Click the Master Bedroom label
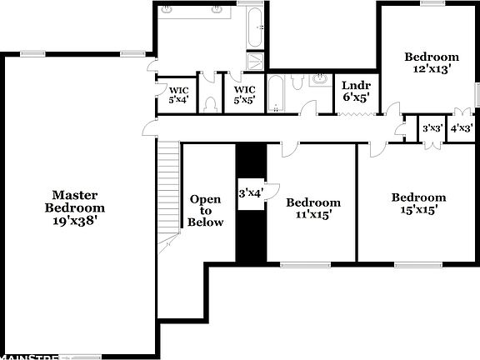[75, 201]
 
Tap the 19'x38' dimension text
[75, 221]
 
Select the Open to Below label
[206, 211]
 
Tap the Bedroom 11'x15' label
[313, 208]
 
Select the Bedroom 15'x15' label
[418, 203]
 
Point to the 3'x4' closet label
[251, 192]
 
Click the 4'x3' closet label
[462, 128]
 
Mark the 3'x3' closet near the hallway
[432, 128]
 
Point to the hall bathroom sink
[319, 80]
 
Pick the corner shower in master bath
[256, 60]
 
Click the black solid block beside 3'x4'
[251, 233]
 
